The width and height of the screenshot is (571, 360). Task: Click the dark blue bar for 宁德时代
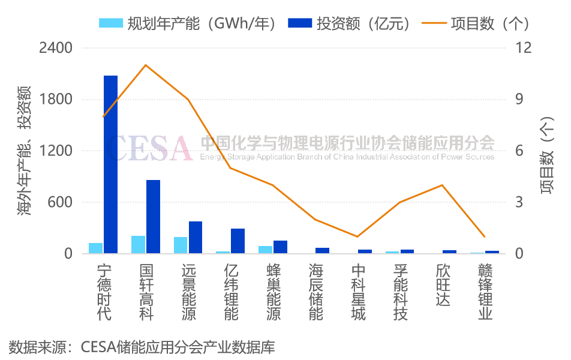point(110,164)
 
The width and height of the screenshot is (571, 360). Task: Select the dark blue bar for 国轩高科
point(153,217)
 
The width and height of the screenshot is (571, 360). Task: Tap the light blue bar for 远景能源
point(181,245)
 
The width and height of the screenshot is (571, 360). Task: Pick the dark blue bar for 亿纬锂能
point(238,241)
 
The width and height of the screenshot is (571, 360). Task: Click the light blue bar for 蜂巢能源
point(265,250)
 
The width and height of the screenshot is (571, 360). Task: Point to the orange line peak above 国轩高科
point(146,65)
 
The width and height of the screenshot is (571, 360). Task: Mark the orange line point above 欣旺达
point(442,185)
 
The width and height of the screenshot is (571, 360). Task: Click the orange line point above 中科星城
point(357,236)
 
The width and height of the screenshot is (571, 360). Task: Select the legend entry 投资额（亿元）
point(351,23)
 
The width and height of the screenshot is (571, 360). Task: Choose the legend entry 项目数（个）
point(476,23)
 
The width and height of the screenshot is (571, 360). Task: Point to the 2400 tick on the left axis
point(55,47)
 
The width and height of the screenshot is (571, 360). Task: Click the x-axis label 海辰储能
point(315,291)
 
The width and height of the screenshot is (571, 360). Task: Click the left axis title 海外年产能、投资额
point(24,150)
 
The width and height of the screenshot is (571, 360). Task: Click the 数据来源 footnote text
point(142,347)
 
